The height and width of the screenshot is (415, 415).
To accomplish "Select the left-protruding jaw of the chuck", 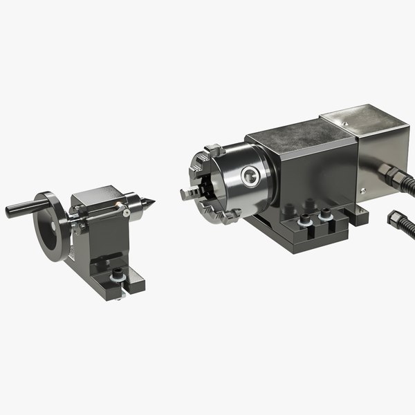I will point(187,194).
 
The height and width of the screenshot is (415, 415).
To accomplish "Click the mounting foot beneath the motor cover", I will point(356,215).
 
